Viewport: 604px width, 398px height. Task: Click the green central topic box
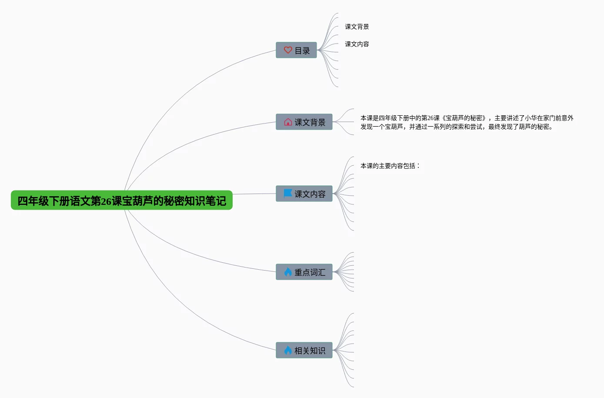tap(121, 200)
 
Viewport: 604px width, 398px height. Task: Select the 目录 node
tap(296, 50)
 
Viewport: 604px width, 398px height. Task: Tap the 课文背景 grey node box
tap(304, 122)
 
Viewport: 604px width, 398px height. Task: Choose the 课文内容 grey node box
tap(304, 194)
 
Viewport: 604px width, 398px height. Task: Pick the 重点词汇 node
tap(304, 272)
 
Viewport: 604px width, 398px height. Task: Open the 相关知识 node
tap(304, 350)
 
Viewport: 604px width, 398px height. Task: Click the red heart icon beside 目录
tap(287, 50)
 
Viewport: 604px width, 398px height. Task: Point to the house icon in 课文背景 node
tap(288, 122)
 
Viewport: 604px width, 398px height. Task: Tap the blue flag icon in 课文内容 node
tap(288, 193)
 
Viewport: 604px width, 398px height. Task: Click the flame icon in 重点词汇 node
tap(288, 272)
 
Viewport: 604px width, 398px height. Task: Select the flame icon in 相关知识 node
tap(288, 350)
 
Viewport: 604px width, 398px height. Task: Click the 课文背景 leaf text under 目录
tap(357, 27)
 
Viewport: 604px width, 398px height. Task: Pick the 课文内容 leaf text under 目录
tap(357, 44)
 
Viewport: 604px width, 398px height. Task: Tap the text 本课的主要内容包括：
tap(390, 166)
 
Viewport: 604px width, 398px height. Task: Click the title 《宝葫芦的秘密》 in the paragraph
tap(464, 118)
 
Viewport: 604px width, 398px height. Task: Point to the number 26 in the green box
tap(106, 201)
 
